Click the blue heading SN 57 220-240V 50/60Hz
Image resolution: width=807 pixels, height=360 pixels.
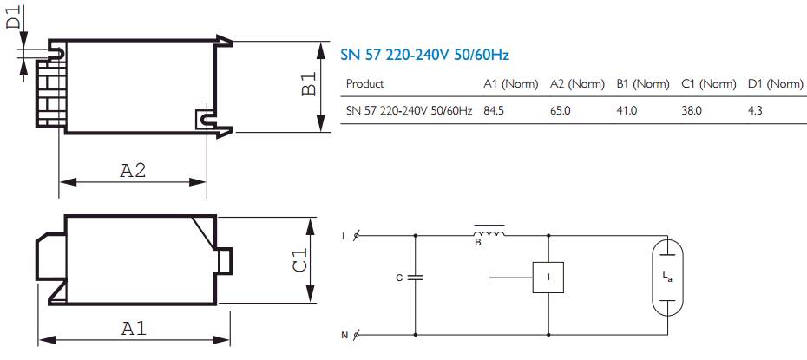click(425, 55)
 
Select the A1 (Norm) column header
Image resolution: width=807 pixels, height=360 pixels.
click(511, 84)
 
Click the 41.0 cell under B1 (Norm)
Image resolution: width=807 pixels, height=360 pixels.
click(627, 111)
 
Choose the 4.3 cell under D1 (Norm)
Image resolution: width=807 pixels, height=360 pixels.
click(755, 111)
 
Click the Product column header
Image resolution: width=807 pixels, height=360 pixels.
click(364, 84)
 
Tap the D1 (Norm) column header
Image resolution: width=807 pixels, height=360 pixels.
click(776, 84)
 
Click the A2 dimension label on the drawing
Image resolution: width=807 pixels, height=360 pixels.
click(133, 170)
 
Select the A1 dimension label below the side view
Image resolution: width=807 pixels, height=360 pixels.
click(134, 328)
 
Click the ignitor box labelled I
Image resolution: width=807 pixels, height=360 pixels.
click(548, 278)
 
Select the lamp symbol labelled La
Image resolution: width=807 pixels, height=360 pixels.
click(667, 278)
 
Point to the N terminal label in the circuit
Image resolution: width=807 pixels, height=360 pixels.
click(344, 335)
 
